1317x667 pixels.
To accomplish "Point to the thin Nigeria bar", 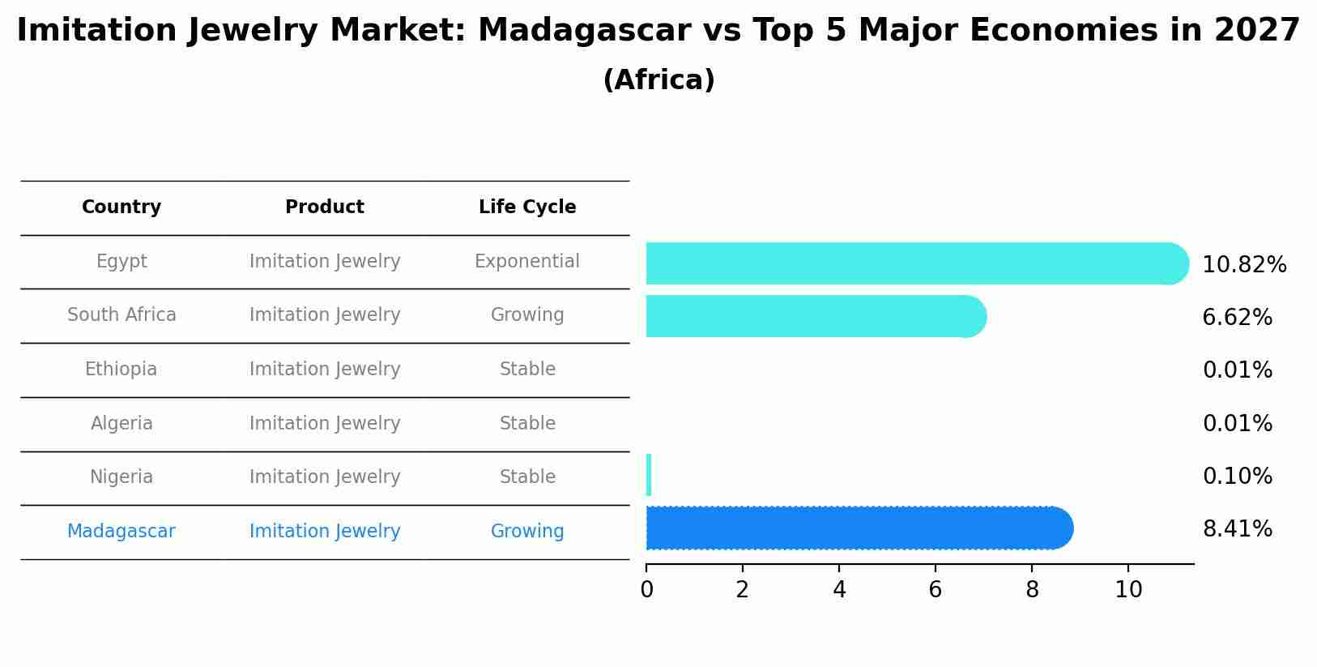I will tap(649, 475).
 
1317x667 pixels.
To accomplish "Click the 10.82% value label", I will tap(1244, 265).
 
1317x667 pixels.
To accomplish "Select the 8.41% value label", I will tap(1237, 529).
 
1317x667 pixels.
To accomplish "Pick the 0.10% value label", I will tap(1237, 477).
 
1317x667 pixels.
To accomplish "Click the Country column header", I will tap(121, 207).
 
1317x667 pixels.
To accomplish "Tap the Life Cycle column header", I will tap(527, 207).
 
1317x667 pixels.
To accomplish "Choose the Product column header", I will tap(325, 207).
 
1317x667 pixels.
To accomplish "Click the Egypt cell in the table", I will tap(121, 262).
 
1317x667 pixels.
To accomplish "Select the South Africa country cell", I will tap(121, 315).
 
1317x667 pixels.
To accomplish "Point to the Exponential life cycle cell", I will tap(527, 262).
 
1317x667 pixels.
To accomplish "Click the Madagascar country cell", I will tap(121, 532).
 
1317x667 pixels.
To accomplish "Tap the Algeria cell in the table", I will tap(121, 424).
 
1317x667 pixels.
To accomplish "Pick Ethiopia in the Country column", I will tap(121, 370).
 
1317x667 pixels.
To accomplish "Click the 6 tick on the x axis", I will tap(936, 590).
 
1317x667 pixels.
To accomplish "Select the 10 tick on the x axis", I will tap(1128, 590).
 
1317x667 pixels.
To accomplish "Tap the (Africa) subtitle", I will tap(658, 80).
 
